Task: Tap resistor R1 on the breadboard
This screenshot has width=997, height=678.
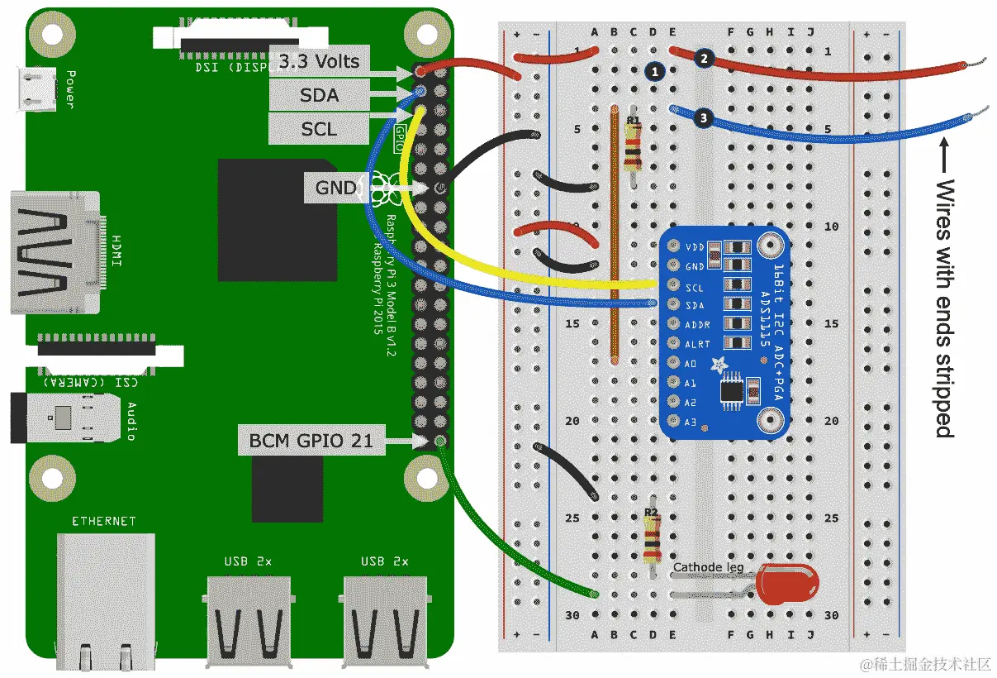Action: tap(633, 149)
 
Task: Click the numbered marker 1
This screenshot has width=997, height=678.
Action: tap(655, 72)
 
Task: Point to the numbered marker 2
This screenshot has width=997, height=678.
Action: tap(703, 58)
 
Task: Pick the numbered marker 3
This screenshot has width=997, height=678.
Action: tap(703, 118)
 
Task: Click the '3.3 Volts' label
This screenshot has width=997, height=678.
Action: tap(319, 61)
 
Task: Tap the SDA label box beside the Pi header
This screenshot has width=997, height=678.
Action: tap(319, 95)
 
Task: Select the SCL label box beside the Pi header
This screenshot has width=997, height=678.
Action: tap(319, 129)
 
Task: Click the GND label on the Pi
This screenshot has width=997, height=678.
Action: tap(335, 189)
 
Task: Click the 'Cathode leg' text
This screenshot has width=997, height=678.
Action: tap(708, 567)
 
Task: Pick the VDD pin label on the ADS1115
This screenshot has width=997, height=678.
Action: tap(695, 246)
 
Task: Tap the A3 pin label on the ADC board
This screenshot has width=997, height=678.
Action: tap(690, 423)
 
